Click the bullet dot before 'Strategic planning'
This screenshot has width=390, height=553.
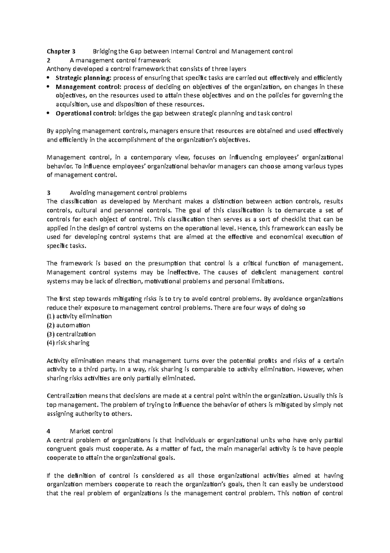[49, 78]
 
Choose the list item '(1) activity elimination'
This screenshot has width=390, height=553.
[79, 316]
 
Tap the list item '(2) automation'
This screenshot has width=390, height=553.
[69, 325]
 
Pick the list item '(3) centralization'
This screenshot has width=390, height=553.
[71, 334]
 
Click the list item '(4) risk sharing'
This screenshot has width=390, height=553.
[68, 343]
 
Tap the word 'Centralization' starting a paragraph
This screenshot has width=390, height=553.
[67, 396]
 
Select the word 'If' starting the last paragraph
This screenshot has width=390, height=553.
[49, 475]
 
